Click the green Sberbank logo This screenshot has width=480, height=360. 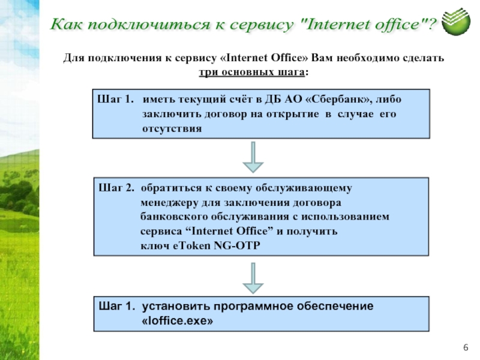456,22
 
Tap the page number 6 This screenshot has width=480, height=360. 466,347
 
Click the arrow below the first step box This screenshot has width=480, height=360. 253,157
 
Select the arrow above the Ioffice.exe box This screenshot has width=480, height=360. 253,278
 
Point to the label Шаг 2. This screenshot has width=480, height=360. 116,188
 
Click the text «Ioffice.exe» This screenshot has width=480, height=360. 177,321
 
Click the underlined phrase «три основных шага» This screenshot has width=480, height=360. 251,72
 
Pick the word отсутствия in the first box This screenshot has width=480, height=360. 172,128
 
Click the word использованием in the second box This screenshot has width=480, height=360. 346,217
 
